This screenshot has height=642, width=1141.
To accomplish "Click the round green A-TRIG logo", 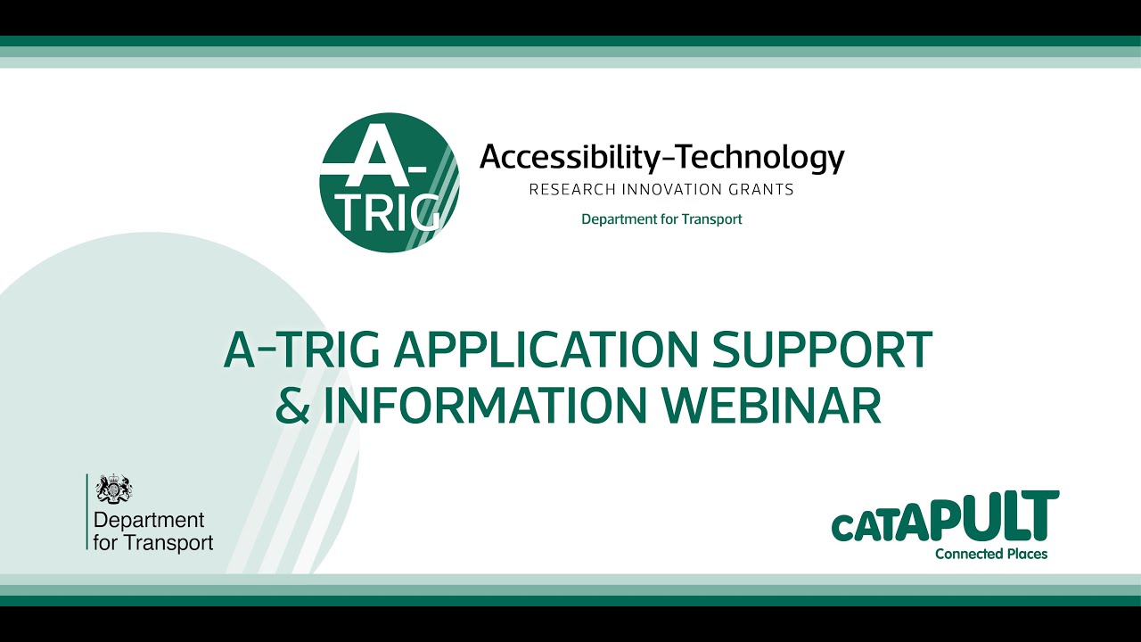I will click(x=390, y=183).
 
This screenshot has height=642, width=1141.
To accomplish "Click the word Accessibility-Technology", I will click(x=661, y=158).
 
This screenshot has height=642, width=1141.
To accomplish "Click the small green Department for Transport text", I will click(x=661, y=218).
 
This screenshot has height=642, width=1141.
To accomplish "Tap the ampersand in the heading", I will click(x=291, y=405).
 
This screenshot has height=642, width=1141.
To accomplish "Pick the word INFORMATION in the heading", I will click(x=483, y=405).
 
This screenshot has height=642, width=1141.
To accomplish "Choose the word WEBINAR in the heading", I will click(x=774, y=405).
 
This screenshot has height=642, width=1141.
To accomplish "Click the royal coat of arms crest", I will click(x=114, y=489).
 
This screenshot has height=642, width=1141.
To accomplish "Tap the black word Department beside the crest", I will click(x=149, y=520).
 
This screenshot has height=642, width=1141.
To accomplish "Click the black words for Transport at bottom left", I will click(x=153, y=541).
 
